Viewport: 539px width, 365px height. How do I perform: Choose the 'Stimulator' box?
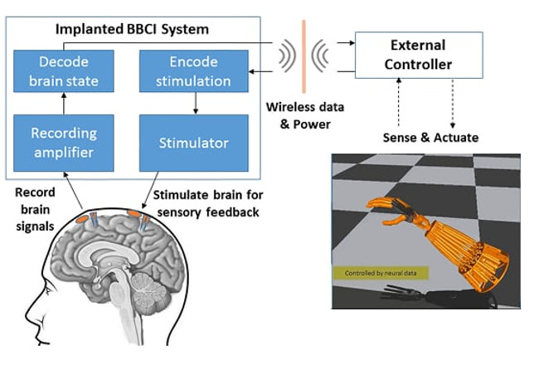click(193, 143)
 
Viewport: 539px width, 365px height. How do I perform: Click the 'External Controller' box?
click(419, 56)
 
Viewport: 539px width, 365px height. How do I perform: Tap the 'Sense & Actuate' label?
click(430, 136)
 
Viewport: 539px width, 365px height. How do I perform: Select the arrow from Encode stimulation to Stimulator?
click(195, 103)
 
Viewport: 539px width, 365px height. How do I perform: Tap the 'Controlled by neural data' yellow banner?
click(379, 272)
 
